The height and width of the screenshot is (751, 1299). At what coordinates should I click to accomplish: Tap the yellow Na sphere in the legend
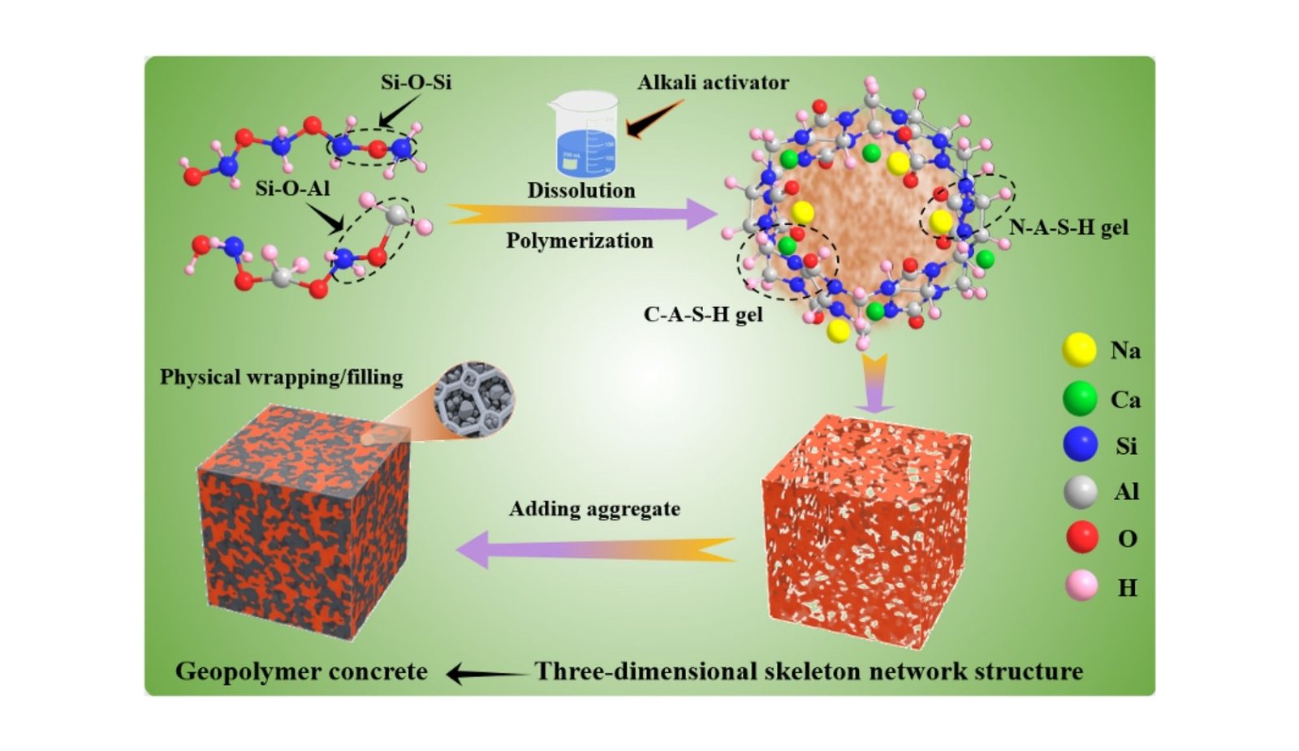tap(1079, 350)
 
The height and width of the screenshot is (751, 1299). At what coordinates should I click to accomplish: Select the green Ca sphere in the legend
tap(1080, 399)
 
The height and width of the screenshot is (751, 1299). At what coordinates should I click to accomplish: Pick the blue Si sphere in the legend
tap(1080, 445)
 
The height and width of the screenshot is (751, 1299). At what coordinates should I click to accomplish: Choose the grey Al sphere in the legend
tap(1081, 491)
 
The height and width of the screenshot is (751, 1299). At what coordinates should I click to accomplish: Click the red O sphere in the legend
tap(1081, 537)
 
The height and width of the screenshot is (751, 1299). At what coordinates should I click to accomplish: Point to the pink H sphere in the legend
tap(1081, 585)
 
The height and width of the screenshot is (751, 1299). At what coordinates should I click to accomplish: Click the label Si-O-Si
tap(416, 82)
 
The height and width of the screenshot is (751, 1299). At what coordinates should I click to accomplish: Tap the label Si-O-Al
tap(292, 189)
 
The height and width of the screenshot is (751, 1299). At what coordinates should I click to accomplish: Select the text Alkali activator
tap(713, 83)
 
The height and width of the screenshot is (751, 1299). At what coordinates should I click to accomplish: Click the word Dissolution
tap(581, 191)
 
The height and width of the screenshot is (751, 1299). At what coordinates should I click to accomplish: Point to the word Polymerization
tap(580, 241)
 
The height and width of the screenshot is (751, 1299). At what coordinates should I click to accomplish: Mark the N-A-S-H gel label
tap(1068, 227)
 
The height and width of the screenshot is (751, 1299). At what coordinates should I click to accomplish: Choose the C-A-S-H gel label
tap(703, 314)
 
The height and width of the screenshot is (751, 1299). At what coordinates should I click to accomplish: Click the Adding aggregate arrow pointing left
tap(597, 549)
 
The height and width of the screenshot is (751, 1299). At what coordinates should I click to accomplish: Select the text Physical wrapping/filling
tap(281, 378)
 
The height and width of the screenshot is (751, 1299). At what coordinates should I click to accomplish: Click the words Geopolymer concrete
tap(301, 671)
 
